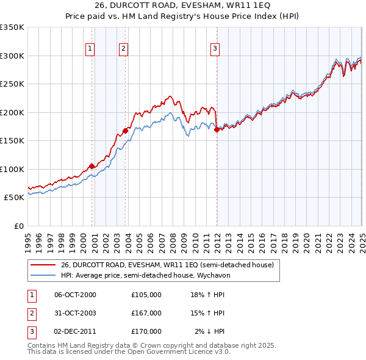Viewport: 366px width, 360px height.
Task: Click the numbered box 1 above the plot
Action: click(90, 49)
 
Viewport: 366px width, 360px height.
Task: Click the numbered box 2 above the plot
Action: click(123, 49)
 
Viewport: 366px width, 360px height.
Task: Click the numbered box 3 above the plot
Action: click(215, 49)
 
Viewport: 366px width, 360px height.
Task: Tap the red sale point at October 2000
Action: click(92, 166)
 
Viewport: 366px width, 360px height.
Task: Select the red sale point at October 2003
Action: click(125, 131)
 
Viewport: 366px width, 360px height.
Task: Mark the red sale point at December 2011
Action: click(217, 129)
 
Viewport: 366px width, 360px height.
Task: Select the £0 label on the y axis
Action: click(18, 226)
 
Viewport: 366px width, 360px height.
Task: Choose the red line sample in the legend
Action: click(43, 265)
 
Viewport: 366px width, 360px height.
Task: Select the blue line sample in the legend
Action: click(43, 275)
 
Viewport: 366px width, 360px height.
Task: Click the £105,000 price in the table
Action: click(146, 295)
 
